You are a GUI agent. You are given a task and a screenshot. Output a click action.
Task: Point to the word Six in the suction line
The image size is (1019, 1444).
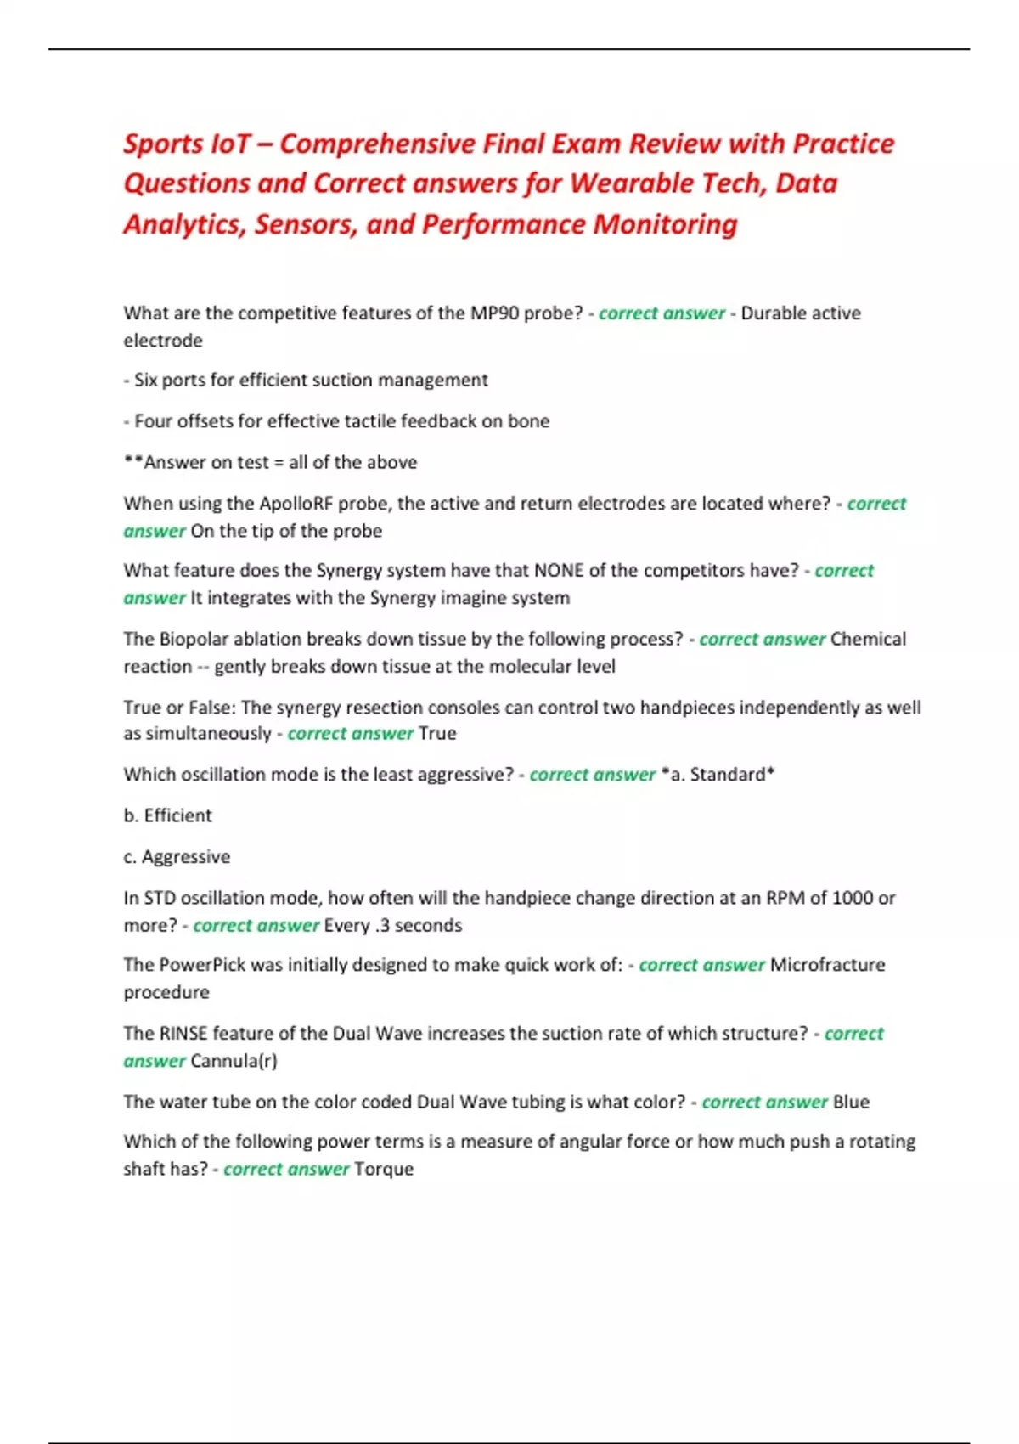[146, 381]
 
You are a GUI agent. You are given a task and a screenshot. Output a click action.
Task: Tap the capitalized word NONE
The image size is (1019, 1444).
[559, 571]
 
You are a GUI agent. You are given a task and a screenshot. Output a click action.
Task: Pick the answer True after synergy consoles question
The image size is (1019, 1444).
[438, 734]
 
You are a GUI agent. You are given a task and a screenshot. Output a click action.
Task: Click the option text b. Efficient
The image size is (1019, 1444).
[168, 815]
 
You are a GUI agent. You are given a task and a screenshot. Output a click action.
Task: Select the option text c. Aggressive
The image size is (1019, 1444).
[177, 857]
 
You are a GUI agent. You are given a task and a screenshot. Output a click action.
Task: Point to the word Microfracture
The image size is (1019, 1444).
[827, 965]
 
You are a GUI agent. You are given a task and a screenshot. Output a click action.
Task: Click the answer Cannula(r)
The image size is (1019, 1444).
[234, 1061]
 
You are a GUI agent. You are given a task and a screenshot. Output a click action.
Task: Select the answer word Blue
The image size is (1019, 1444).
[851, 1103]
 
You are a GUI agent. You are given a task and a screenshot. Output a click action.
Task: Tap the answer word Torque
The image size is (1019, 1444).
[384, 1170]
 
